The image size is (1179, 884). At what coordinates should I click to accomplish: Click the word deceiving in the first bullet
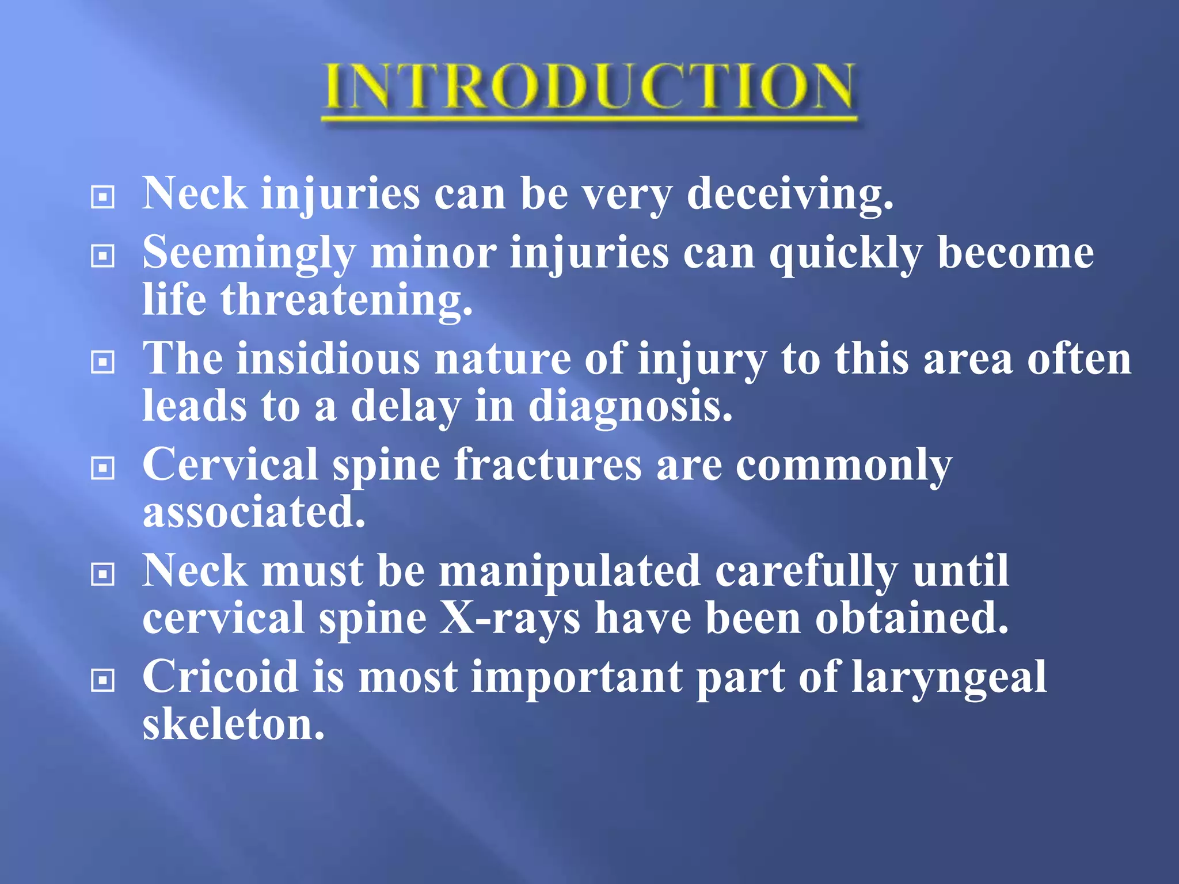tap(790, 194)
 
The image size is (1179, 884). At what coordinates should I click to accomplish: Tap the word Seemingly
tap(249, 253)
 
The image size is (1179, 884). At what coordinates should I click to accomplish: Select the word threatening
tap(347, 300)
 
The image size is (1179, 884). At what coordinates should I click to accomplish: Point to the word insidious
tap(329, 359)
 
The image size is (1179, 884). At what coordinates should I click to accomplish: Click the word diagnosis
tap(630, 406)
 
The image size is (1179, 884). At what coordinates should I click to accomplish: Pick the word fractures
tap(547, 465)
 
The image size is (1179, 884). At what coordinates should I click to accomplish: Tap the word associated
tap(254, 512)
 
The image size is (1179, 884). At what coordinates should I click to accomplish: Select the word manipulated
tap(570, 571)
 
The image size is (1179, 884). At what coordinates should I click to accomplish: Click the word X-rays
tap(510, 618)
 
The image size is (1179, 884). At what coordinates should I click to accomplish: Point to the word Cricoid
tap(220, 677)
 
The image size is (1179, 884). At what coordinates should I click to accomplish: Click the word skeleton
tap(233, 724)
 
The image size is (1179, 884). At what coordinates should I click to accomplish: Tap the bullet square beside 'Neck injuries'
tap(102, 197)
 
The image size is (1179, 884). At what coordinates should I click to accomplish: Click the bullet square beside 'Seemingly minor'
tap(102, 256)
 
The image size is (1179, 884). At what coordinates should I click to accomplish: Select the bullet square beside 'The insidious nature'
tap(102, 362)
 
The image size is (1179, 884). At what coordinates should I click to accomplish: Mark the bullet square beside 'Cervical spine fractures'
tap(102, 468)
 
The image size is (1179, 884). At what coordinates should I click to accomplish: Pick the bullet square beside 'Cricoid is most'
tap(102, 680)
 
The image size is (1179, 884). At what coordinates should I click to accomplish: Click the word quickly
tap(846, 253)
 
